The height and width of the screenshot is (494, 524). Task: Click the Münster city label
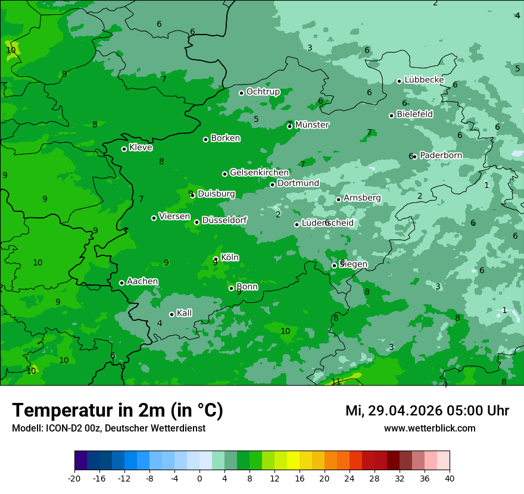[311, 125]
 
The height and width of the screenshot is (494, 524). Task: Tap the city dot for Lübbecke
[399, 81]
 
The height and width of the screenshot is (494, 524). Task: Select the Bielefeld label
[414, 114]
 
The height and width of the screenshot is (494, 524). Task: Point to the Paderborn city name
[441, 155]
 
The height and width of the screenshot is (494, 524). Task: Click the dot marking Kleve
[124, 149]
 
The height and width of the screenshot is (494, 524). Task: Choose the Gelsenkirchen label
[259, 173]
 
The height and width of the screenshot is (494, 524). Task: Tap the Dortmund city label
[298, 183]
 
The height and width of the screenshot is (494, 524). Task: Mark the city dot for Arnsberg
[338, 199]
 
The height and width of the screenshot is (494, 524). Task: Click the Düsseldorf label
[224, 220]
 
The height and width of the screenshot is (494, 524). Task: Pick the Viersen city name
[174, 217]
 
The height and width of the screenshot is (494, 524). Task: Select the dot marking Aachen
[121, 283]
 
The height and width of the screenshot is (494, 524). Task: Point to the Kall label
[184, 313]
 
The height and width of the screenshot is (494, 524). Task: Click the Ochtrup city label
[263, 92]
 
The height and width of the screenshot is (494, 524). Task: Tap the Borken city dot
[205, 139]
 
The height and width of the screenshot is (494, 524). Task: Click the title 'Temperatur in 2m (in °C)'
[117, 410]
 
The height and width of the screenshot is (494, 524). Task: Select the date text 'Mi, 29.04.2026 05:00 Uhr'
[427, 411]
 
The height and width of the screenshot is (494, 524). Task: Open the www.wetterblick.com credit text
[429, 428]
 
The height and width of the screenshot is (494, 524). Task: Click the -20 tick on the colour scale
[74, 478]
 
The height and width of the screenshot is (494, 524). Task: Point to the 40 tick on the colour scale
[450, 478]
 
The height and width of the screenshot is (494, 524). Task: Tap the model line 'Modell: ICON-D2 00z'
[108, 428]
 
